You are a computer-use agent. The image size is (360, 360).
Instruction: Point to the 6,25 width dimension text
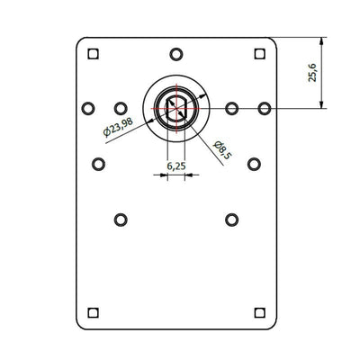(176, 166)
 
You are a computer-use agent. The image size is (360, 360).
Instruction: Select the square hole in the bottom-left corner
(93, 312)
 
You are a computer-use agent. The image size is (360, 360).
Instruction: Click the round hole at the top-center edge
(176, 52)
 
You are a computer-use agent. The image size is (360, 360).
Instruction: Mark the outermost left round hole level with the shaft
(87, 109)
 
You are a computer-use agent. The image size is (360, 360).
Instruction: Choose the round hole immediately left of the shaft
(121, 109)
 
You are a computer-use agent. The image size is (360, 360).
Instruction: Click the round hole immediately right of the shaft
(231, 109)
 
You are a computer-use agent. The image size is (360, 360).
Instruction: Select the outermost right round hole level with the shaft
(265, 109)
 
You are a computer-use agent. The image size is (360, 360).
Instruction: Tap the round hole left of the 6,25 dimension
(98, 164)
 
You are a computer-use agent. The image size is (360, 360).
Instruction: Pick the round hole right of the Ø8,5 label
(254, 164)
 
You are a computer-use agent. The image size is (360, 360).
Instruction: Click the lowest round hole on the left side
(121, 219)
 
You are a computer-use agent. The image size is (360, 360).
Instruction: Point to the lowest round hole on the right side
(231, 219)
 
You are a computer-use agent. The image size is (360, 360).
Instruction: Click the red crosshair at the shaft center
(176, 109)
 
